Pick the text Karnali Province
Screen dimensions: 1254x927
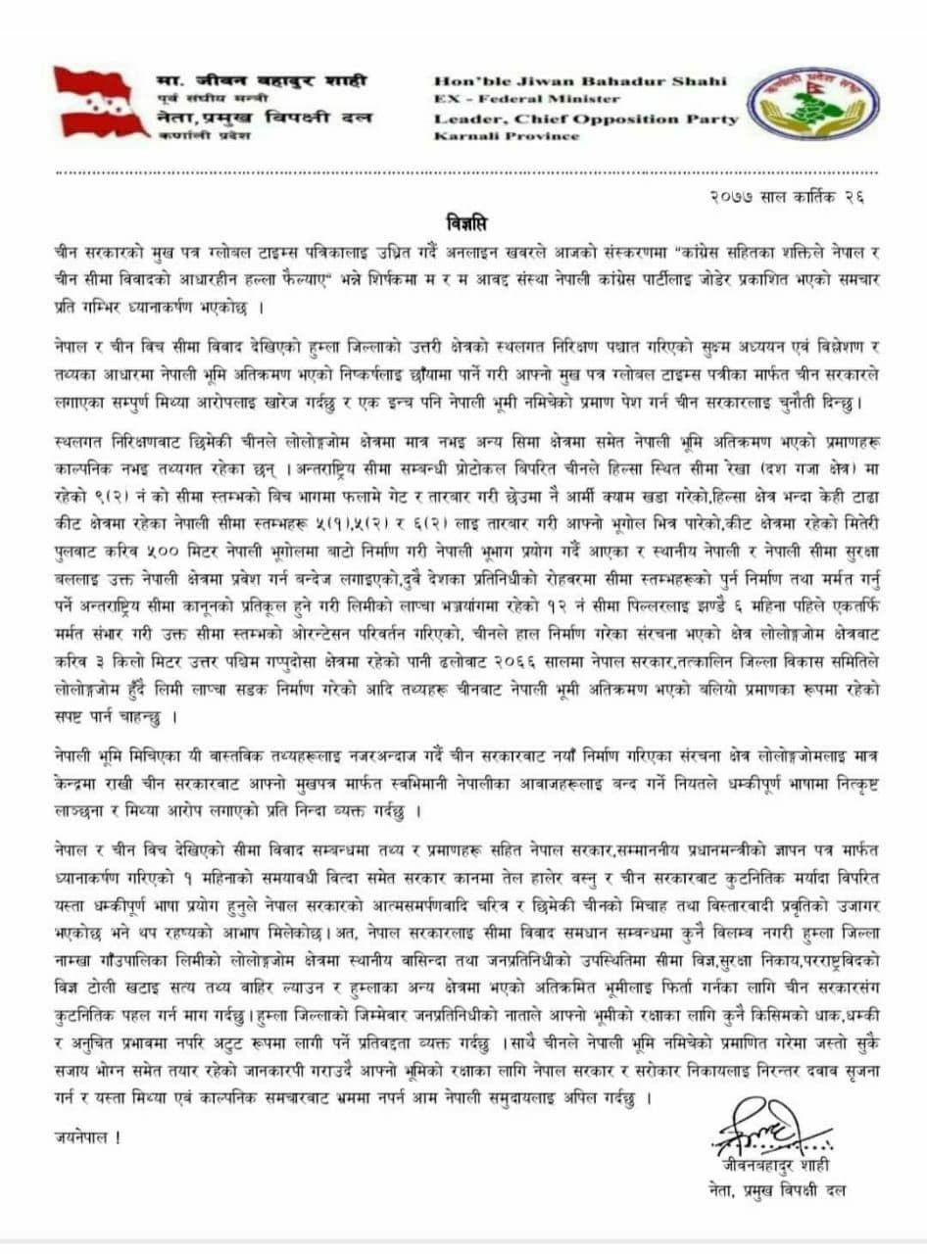click(506, 136)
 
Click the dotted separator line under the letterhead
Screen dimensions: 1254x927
click(463, 173)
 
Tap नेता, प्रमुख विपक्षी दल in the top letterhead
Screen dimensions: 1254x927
click(264, 118)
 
